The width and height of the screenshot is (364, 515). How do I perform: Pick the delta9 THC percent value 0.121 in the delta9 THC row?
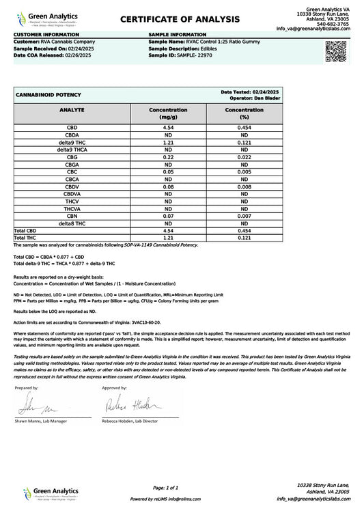click(244, 141)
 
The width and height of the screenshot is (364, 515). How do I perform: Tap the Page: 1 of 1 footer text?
click(167, 487)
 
